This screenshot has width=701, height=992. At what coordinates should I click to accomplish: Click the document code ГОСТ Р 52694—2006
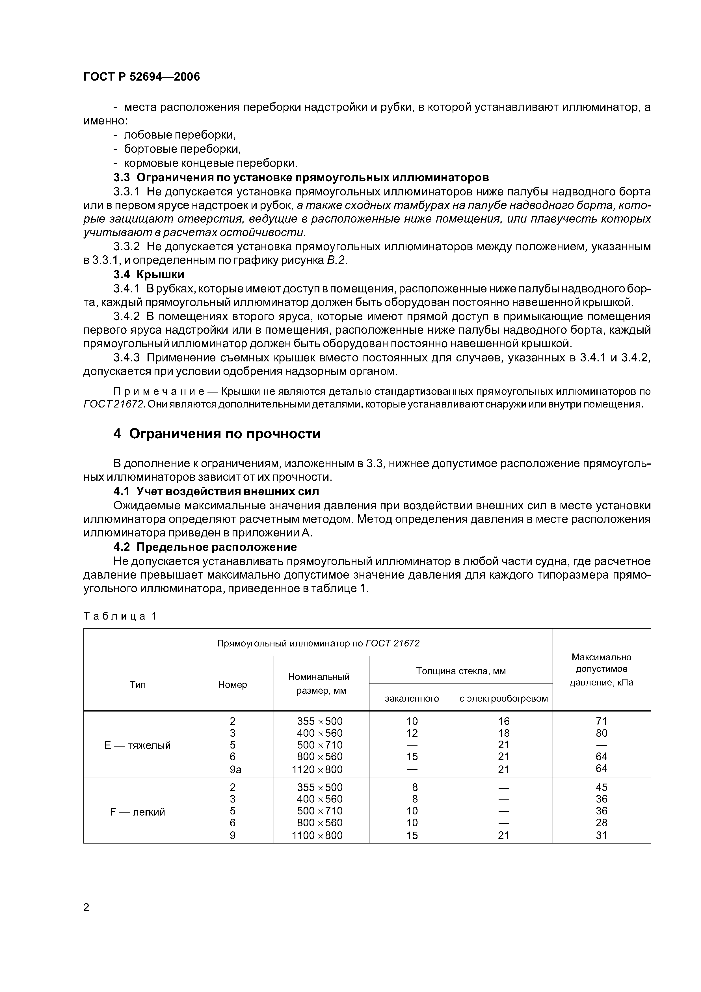point(142,77)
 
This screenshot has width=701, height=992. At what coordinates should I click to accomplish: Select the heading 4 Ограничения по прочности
point(217,434)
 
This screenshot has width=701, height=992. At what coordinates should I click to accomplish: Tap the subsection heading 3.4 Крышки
point(149,274)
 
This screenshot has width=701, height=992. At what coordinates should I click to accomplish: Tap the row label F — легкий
point(137,812)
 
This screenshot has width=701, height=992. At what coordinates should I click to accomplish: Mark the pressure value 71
point(601,721)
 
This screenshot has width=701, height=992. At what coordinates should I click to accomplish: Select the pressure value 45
point(601,787)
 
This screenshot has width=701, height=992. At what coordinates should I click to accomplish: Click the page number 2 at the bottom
point(86,907)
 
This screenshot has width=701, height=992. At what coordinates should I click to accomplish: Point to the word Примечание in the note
point(165,391)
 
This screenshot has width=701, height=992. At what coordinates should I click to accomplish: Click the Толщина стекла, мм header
point(460,671)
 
